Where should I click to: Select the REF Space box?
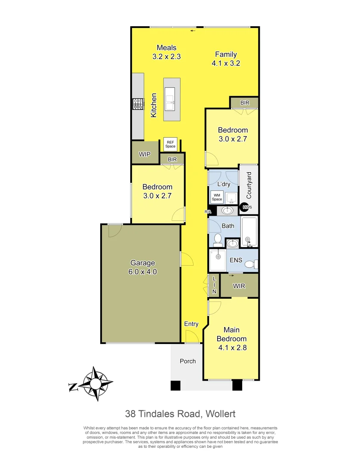[x=170, y=144]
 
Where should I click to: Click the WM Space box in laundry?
[x=217, y=197]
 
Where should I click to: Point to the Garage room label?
[x=142, y=263]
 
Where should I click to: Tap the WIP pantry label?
[x=145, y=154]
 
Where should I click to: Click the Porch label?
[x=188, y=361]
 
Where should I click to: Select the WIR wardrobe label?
[x=239, y=286]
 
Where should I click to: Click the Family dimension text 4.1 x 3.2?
[x=225, y=63]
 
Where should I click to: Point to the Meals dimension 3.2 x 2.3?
[x=166, y=56]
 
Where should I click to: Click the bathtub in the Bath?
[x=249, y=232]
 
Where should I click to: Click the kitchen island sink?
[x=170, y=99]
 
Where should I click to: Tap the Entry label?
[x=191, y=324]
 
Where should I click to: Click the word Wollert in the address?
[x=220, y=414]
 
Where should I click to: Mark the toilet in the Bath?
[x=217, y=239]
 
